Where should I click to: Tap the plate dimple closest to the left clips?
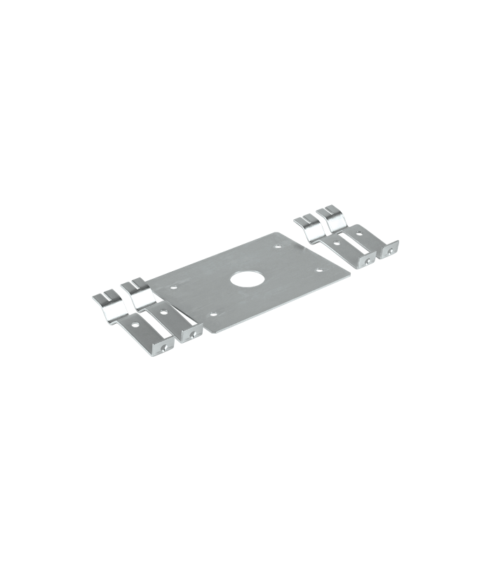173,287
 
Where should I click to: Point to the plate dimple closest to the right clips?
279,247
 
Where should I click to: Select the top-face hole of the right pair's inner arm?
339,243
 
